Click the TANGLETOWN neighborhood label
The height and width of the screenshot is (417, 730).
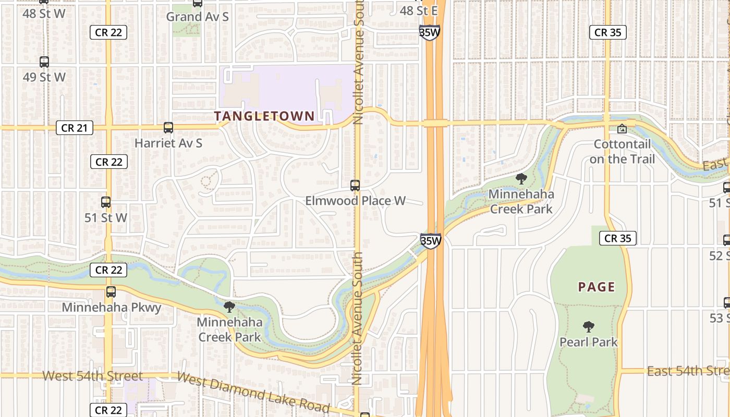[264, 116]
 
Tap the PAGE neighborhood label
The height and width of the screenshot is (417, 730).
[597, 287]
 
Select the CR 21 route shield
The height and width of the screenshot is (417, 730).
[75, 128]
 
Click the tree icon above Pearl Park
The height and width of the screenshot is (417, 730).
[589, 327]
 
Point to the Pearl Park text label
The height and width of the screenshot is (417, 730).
[589, 342]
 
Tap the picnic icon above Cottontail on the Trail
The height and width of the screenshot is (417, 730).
[622, 128]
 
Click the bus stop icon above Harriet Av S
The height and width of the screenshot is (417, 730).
[168, 128]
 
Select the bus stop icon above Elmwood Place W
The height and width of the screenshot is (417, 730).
[355, 185]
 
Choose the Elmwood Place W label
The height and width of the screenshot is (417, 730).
[355, 201]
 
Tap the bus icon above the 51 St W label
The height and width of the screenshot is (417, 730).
[106, 202]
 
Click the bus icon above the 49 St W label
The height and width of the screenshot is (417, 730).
[44, 62]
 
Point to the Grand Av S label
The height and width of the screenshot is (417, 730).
[197, 17]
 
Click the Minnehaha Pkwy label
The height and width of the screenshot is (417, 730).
[111, 307]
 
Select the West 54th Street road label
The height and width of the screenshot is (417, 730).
[92, 375]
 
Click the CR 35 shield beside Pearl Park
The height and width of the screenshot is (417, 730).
[618, 239]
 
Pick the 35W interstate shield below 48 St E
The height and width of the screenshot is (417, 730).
[429, 32]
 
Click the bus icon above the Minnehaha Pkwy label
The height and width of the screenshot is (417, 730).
[111, 292]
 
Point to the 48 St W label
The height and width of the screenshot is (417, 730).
[44, 13]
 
